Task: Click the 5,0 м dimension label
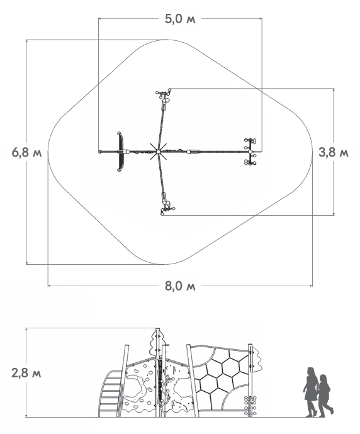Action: coord(180,19)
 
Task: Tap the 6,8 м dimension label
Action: coord(26,152)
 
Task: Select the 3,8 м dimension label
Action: coord(334,152)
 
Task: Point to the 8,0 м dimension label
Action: coord(180,286)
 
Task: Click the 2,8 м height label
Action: coord(26,373)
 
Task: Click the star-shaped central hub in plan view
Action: coord(158,152)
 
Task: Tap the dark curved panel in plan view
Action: coord(120,152)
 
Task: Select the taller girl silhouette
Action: coord(311,392)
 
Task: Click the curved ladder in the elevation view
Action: coord(110,393)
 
